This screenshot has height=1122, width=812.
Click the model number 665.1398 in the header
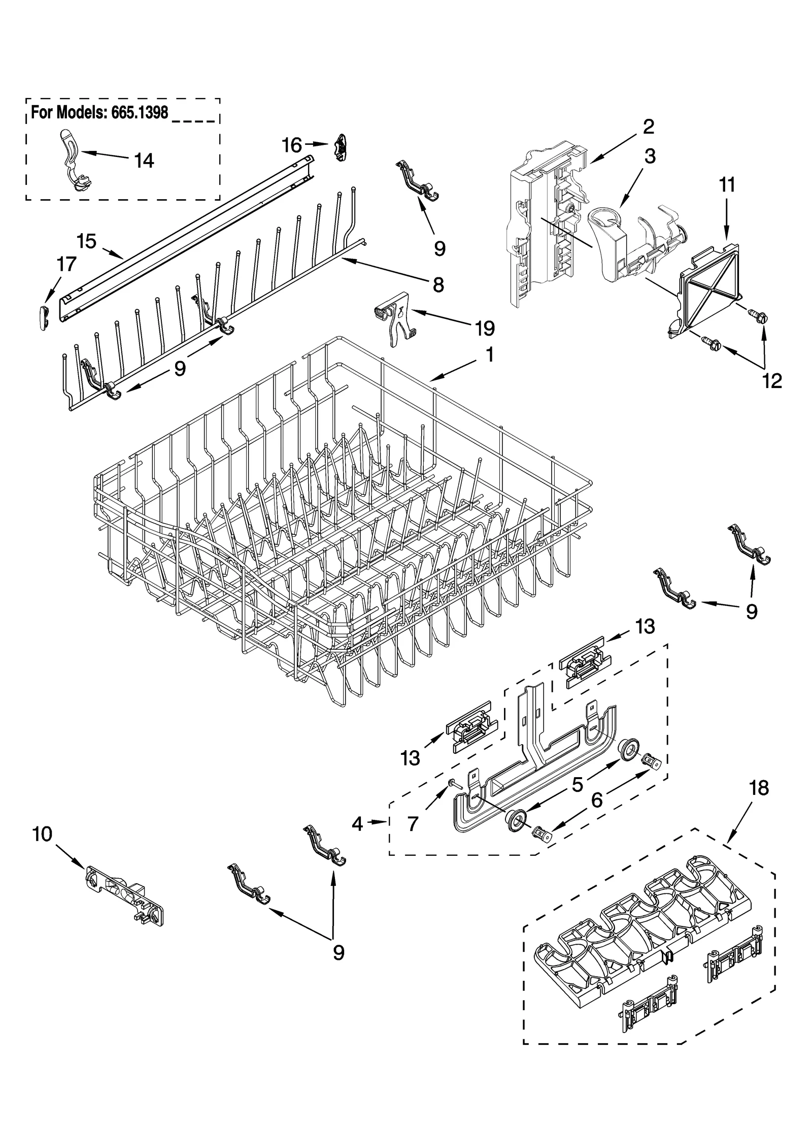tap(136, 112)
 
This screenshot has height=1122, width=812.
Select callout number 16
tap(292, 146)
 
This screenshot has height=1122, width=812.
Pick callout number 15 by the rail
tap(87, 241)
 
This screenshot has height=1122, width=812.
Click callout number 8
tap(437, 285)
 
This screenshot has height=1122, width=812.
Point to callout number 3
tap(650, 156)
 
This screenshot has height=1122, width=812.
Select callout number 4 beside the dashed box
tap(357, 824)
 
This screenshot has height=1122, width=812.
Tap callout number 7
tap(413, 824)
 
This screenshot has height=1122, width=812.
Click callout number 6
tap(597, 800)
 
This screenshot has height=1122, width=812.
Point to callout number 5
tap(578, 785)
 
